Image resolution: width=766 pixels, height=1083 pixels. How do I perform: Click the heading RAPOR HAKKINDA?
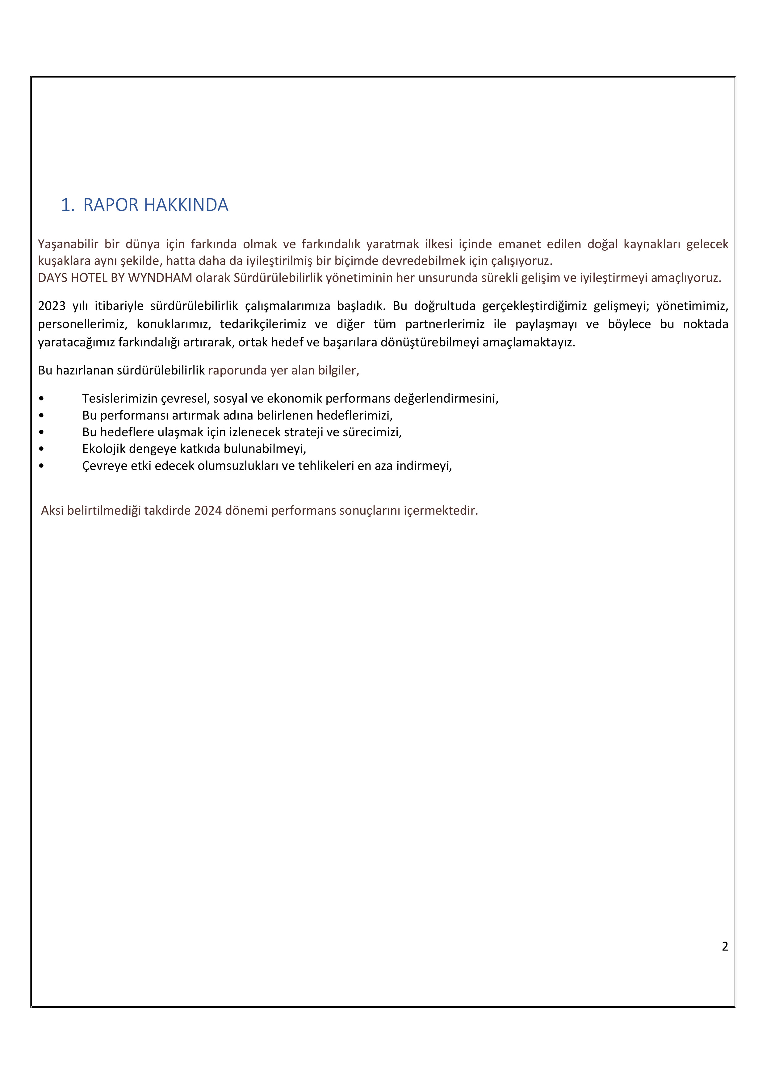(x=156, y=205)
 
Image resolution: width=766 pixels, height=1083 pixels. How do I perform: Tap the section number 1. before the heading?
(x=67, y=205)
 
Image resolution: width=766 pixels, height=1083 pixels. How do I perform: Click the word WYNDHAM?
(x=160, y=278)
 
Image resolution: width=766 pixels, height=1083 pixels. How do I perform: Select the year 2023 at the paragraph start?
(x=52, y=306)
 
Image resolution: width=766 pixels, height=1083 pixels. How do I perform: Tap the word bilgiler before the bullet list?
(x=338, y=370)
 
